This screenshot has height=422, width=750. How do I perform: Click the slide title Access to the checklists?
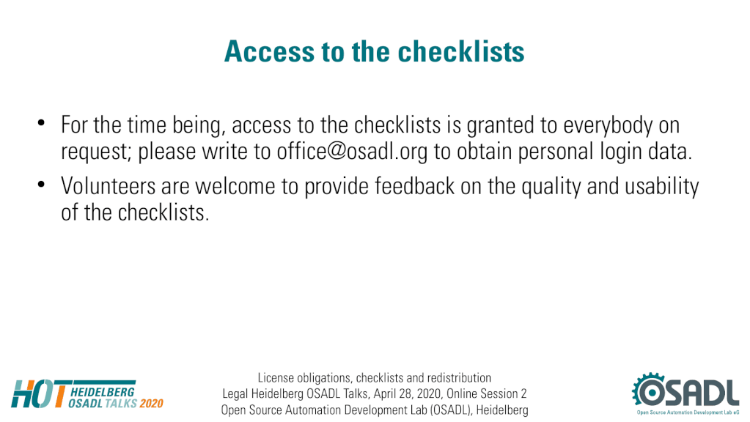point(375,51)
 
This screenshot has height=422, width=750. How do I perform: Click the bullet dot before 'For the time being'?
point(41,123)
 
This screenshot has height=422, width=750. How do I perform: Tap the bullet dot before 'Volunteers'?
point(41,184)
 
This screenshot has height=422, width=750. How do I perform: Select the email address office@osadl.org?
point(352,152)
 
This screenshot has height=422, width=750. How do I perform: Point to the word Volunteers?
point(108,186)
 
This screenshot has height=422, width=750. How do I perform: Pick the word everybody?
point(608,126)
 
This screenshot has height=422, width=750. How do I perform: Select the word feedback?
point(414,186)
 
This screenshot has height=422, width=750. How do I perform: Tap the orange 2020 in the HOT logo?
point(152,404)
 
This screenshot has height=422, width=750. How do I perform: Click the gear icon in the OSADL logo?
point(649,390)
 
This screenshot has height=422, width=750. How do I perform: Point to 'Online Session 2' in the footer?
point(487,394)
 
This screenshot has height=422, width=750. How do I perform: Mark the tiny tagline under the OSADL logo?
point(688,412)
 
